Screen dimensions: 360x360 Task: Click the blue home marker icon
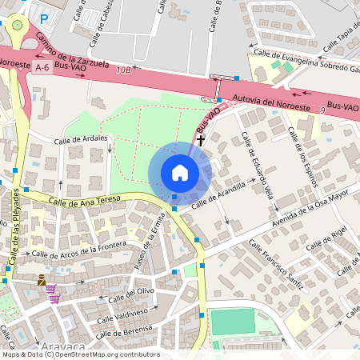tap(180, 173)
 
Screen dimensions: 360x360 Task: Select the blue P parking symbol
tap(45, 17)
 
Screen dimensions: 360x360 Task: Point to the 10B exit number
tap(122, 70)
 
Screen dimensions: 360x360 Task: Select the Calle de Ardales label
tap(81, 140)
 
